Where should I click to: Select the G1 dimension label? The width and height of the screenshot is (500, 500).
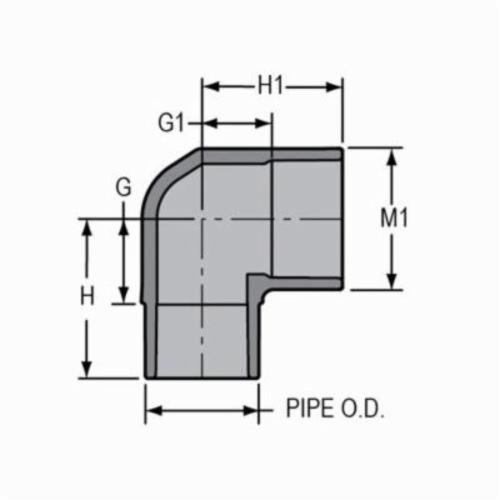click(173, 125)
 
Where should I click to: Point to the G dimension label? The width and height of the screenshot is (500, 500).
click(123, 186)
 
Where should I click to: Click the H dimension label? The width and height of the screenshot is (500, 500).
click(89, 297)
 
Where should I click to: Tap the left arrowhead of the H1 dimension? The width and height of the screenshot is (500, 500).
click(209, 87)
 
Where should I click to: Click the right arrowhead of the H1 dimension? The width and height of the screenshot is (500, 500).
click(337, 87)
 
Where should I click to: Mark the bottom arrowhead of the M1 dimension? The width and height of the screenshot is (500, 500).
click(391, 284)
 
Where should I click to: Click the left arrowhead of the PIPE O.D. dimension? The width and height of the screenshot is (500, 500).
click(152, 410)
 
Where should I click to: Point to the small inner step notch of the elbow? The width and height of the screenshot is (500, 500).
click(259, 284)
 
